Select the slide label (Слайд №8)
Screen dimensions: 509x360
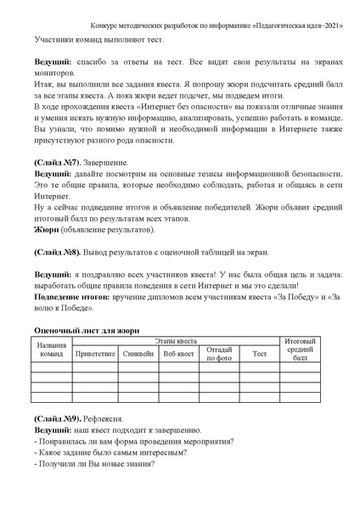coord(57,253)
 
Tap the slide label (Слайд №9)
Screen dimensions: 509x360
coord(57,419)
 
